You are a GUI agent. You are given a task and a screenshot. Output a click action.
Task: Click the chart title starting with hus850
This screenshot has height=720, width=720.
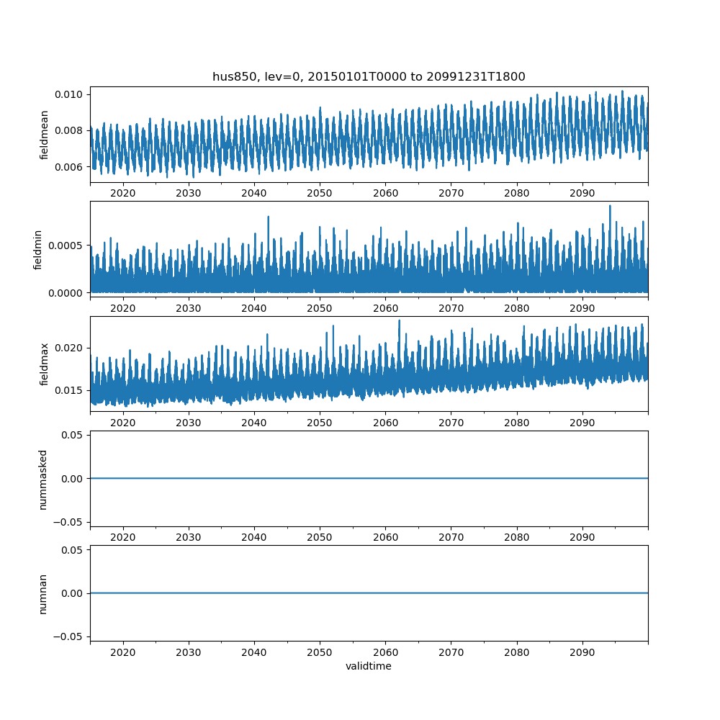tap(369, 76)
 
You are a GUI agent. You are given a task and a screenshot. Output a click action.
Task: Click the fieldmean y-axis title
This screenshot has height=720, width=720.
tap(45, 135)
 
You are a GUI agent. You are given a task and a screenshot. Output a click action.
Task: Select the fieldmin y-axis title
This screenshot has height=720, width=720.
tap(38, 249)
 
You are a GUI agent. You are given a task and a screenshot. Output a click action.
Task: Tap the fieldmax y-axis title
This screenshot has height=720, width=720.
tap(45, 364)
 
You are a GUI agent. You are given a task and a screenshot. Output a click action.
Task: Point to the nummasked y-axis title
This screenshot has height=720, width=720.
tap(43, 479)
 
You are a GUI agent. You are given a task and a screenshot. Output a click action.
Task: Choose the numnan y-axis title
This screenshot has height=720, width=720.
tap(43, 593)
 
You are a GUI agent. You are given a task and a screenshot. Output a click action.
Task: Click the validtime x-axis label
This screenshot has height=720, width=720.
tap(369, 666)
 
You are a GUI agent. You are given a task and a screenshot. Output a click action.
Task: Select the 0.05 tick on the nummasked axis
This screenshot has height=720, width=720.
tap(73, 435)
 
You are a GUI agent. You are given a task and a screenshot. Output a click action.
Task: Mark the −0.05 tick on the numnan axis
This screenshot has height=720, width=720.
tap(70, 636)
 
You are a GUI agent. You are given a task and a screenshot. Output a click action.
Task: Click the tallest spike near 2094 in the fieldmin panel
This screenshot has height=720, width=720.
tap(610, 206)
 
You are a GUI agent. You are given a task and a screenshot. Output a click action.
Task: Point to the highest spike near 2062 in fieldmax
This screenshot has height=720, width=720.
tap(399, 320)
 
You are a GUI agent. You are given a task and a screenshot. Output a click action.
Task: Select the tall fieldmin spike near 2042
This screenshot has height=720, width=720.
tap(268, 217)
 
